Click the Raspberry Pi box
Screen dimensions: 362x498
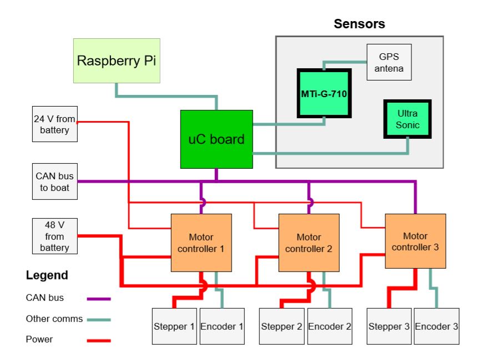tap(117, 61)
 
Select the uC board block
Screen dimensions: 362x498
tap(217, 139)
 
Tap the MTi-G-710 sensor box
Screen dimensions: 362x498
tap(324, 93)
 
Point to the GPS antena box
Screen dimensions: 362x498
tap(389, 62)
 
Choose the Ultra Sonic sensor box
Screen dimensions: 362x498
tap(408, 119)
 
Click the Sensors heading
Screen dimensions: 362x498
tap(359, 24)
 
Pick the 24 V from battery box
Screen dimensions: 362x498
tap(54, 124)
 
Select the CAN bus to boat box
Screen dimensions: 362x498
tap(54, 182)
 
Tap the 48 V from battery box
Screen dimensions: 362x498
tap(54, 236)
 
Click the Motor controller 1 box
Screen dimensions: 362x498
tap(201, 243)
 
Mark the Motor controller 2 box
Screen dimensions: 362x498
tap(309, 243)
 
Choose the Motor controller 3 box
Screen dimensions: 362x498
tap(415, 241)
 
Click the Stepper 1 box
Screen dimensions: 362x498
tap(174, 326)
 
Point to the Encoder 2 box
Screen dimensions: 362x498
tap(330, 326)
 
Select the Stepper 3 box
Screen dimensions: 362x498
tap(389, 326)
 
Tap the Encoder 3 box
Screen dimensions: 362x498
tap(436, 326)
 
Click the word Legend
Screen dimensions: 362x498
tap(47, 275)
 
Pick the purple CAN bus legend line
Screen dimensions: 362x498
tap(99, 299)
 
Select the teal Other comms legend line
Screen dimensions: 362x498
tap(99, 319)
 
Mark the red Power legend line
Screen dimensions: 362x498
tap(99, 340)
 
